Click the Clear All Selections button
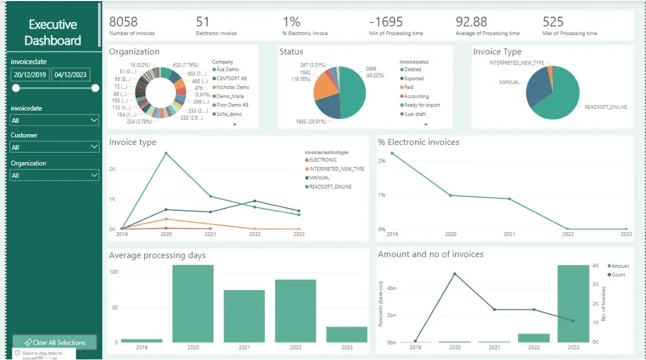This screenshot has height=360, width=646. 54,342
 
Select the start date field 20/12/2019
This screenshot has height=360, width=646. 30,74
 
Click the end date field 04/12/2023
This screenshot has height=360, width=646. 71,74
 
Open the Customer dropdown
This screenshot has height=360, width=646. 54,147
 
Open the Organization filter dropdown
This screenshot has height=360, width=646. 54,175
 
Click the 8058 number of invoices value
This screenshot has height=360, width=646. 123,22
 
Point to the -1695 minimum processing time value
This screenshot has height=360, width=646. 386,22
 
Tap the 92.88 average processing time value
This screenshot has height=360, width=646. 471,22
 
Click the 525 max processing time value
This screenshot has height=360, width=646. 553,22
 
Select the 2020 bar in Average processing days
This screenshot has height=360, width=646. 193,304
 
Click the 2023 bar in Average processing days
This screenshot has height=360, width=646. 347,334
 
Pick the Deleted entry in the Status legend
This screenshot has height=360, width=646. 413,70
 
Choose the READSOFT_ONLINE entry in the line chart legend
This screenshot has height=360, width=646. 330,187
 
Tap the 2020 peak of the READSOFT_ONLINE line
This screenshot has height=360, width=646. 166,153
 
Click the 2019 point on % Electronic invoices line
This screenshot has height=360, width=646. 392,153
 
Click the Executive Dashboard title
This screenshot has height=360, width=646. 53,33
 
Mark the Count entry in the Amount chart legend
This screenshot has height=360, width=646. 618,274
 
